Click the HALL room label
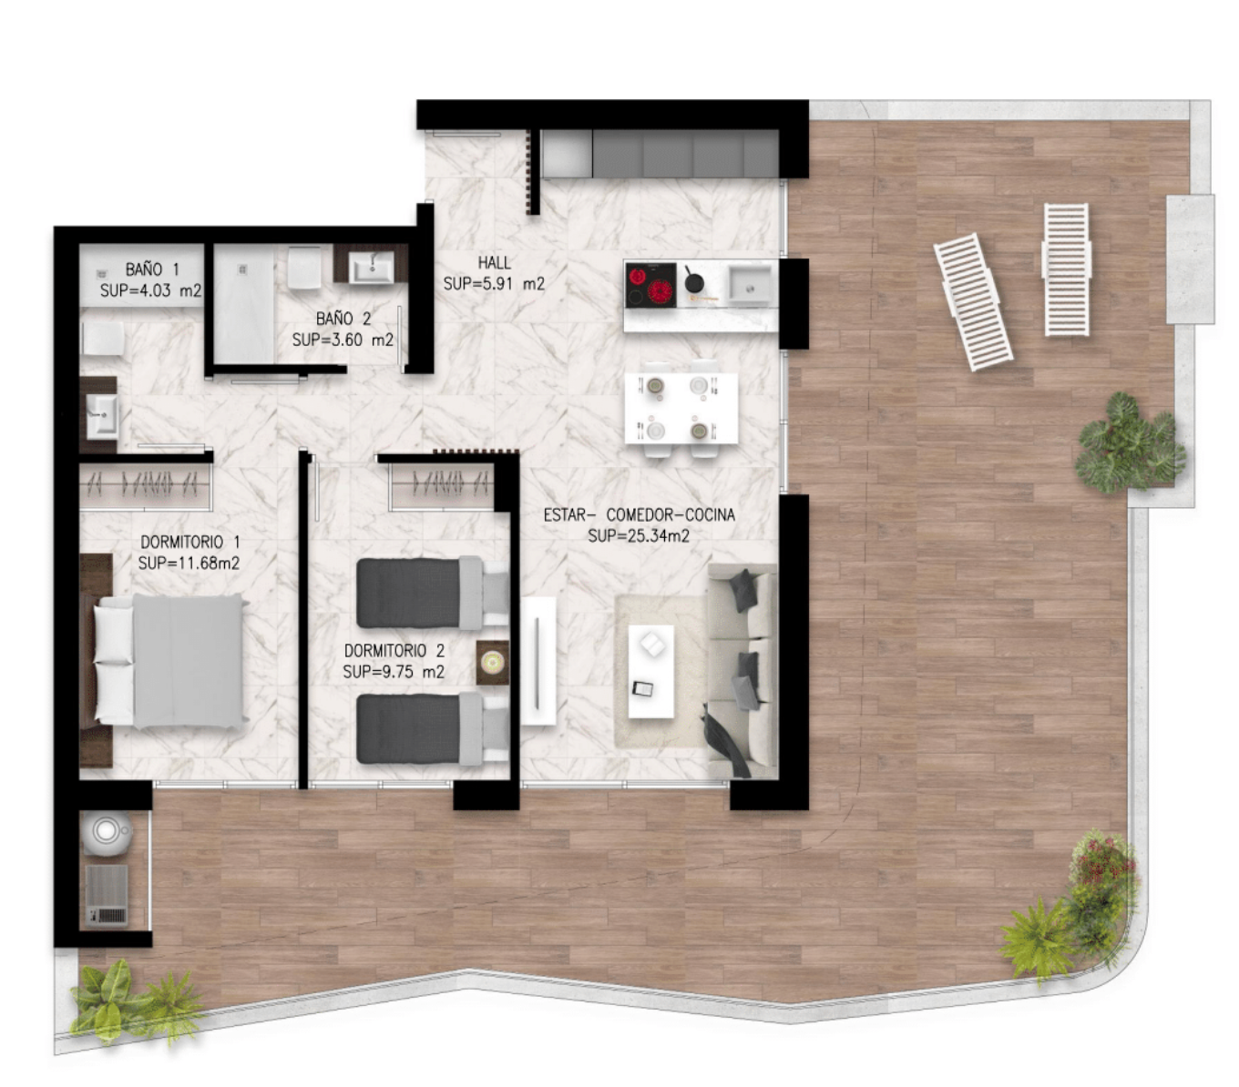[x=494, y=263]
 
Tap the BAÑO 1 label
[x=152, y=269]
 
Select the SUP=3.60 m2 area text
[x=343, y=340]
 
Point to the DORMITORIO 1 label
[x=190, y=542]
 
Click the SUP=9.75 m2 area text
[x=394, y=672]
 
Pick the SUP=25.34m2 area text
[x=639, y=536]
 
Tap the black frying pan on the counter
[x=692, y=281]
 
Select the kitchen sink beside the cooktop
[x=749, y=285]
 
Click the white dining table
[x=681, y=408]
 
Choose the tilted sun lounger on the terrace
[x=972, y=302]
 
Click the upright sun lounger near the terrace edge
[x=1065, y=269]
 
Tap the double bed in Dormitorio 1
[x=170, y=661]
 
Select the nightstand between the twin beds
[x=492, y=663]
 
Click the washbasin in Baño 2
[x=371, y=268]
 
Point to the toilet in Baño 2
[x=303, y=267]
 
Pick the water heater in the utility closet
[x=108, y=833]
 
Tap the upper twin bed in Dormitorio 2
[x=432, y=593]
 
